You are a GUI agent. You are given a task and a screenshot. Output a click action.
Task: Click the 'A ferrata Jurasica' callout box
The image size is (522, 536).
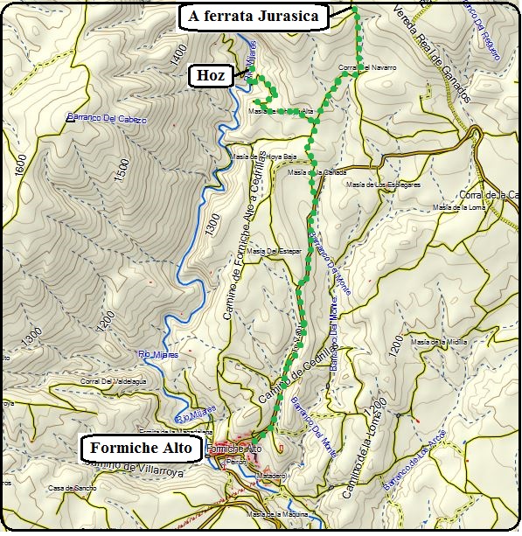(x=253, y=16)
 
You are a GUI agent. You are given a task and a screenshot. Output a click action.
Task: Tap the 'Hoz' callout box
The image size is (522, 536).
(x=211, y=77)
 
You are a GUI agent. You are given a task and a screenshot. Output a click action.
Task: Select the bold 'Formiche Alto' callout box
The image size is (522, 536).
(x=142, y=449)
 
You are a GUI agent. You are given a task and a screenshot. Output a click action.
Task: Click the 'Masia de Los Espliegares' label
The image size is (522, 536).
(x=384, y=184)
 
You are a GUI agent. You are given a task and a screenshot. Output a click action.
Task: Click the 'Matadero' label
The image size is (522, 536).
(x=272, y=476)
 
